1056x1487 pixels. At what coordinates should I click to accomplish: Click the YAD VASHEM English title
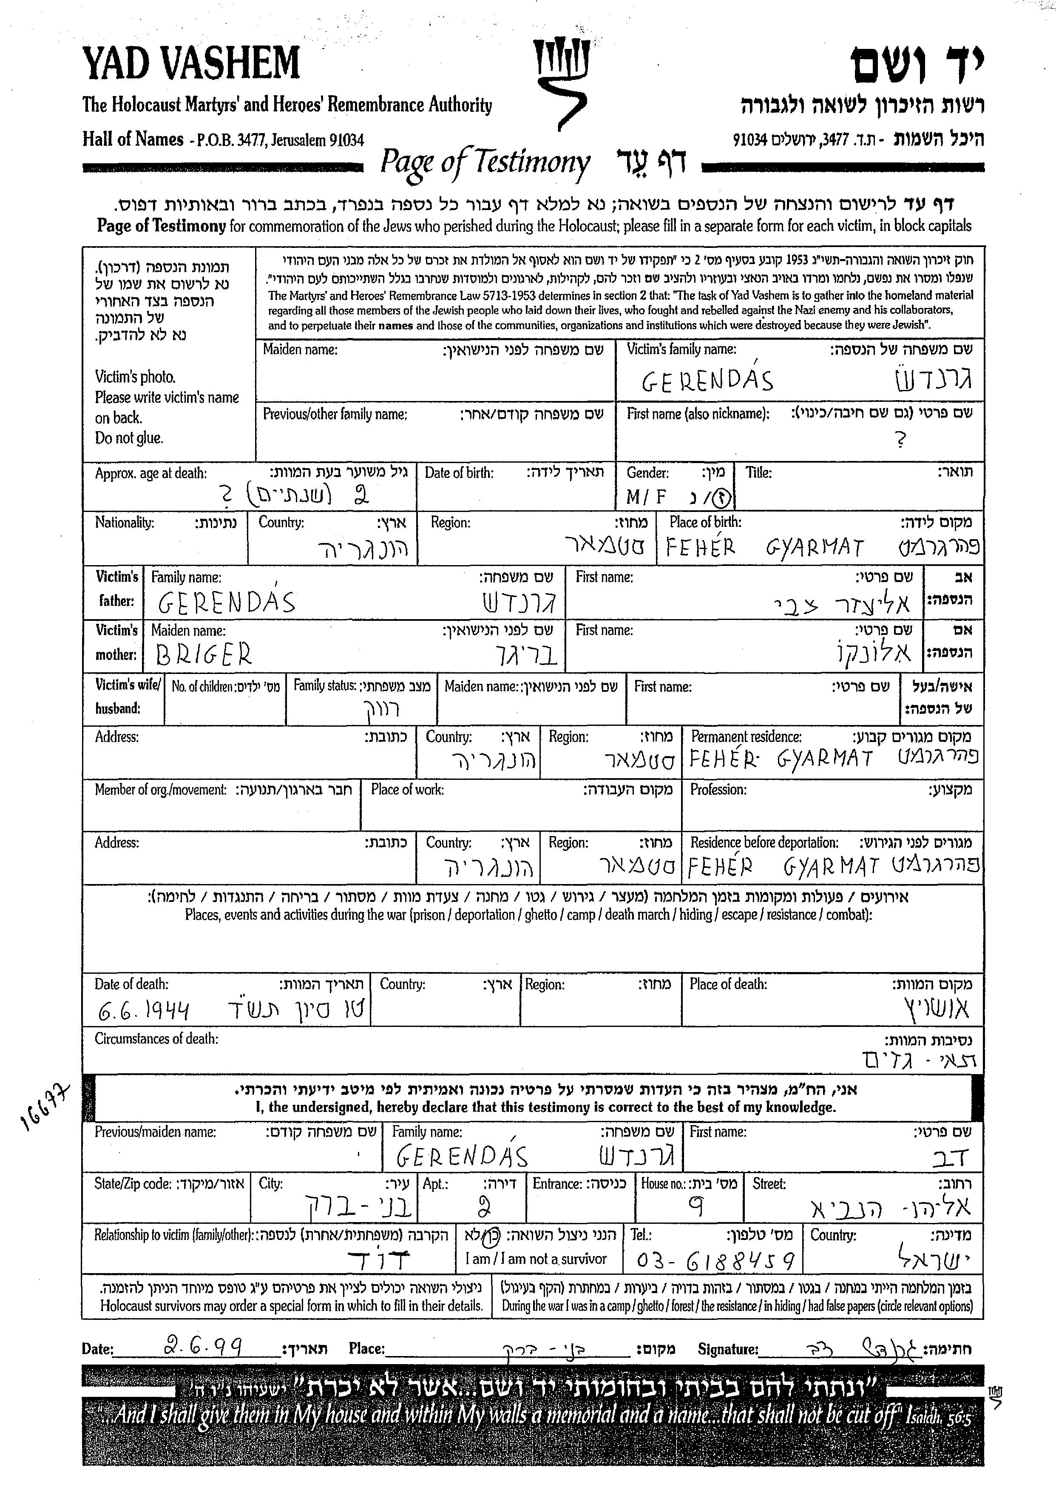coord(191,64)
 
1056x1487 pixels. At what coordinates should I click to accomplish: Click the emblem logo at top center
coord(560,81)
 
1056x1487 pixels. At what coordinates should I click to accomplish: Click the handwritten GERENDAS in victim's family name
coord(707,381)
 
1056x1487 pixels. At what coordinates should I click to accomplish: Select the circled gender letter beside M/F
coord(722,498)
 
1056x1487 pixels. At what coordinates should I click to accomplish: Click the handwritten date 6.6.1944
coord(143,1010)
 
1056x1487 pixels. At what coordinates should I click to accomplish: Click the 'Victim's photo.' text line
coord(135,377)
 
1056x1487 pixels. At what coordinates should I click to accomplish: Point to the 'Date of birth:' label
coord(459,473)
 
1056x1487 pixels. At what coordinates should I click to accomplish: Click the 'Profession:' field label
coord(718,790)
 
